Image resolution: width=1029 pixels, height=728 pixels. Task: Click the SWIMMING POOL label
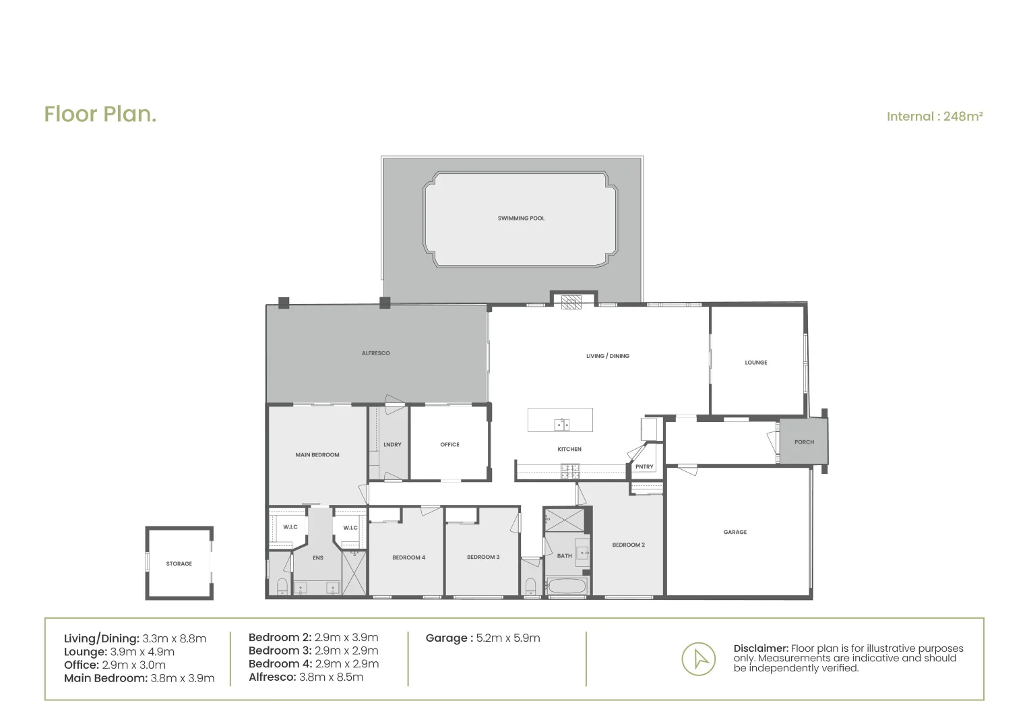(x=521, y=218)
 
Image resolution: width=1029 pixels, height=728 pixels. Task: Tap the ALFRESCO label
(x=375, y=353)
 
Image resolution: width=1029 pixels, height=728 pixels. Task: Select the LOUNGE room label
(x=755, y=363)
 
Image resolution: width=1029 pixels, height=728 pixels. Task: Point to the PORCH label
(x=804, y=442)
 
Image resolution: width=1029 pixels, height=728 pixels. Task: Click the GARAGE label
(x=735, y=532)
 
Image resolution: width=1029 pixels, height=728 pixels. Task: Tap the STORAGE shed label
(x=179, y=564)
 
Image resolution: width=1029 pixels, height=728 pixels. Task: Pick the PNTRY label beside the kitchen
(x=644, y=467)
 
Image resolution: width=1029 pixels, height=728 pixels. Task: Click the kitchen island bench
(x=561, y=420)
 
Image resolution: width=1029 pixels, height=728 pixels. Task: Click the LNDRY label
(x=392, y=445)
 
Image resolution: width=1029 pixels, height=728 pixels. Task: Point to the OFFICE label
(x=449, y=445)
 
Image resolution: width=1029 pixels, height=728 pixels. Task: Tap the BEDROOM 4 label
(x=408, y=557)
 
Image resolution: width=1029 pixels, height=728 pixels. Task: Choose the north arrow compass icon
(x=698, y=659)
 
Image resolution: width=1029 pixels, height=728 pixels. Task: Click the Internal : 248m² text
(x=934, y=117)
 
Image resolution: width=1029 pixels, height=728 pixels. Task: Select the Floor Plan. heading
(x=100, y=114)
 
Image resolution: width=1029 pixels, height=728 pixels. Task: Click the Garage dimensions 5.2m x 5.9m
(x=507, y=638)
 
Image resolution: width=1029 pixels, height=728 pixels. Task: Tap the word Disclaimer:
(x=761, y=648)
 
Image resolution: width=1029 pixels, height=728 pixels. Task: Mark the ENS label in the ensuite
(x=318, y=558)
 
